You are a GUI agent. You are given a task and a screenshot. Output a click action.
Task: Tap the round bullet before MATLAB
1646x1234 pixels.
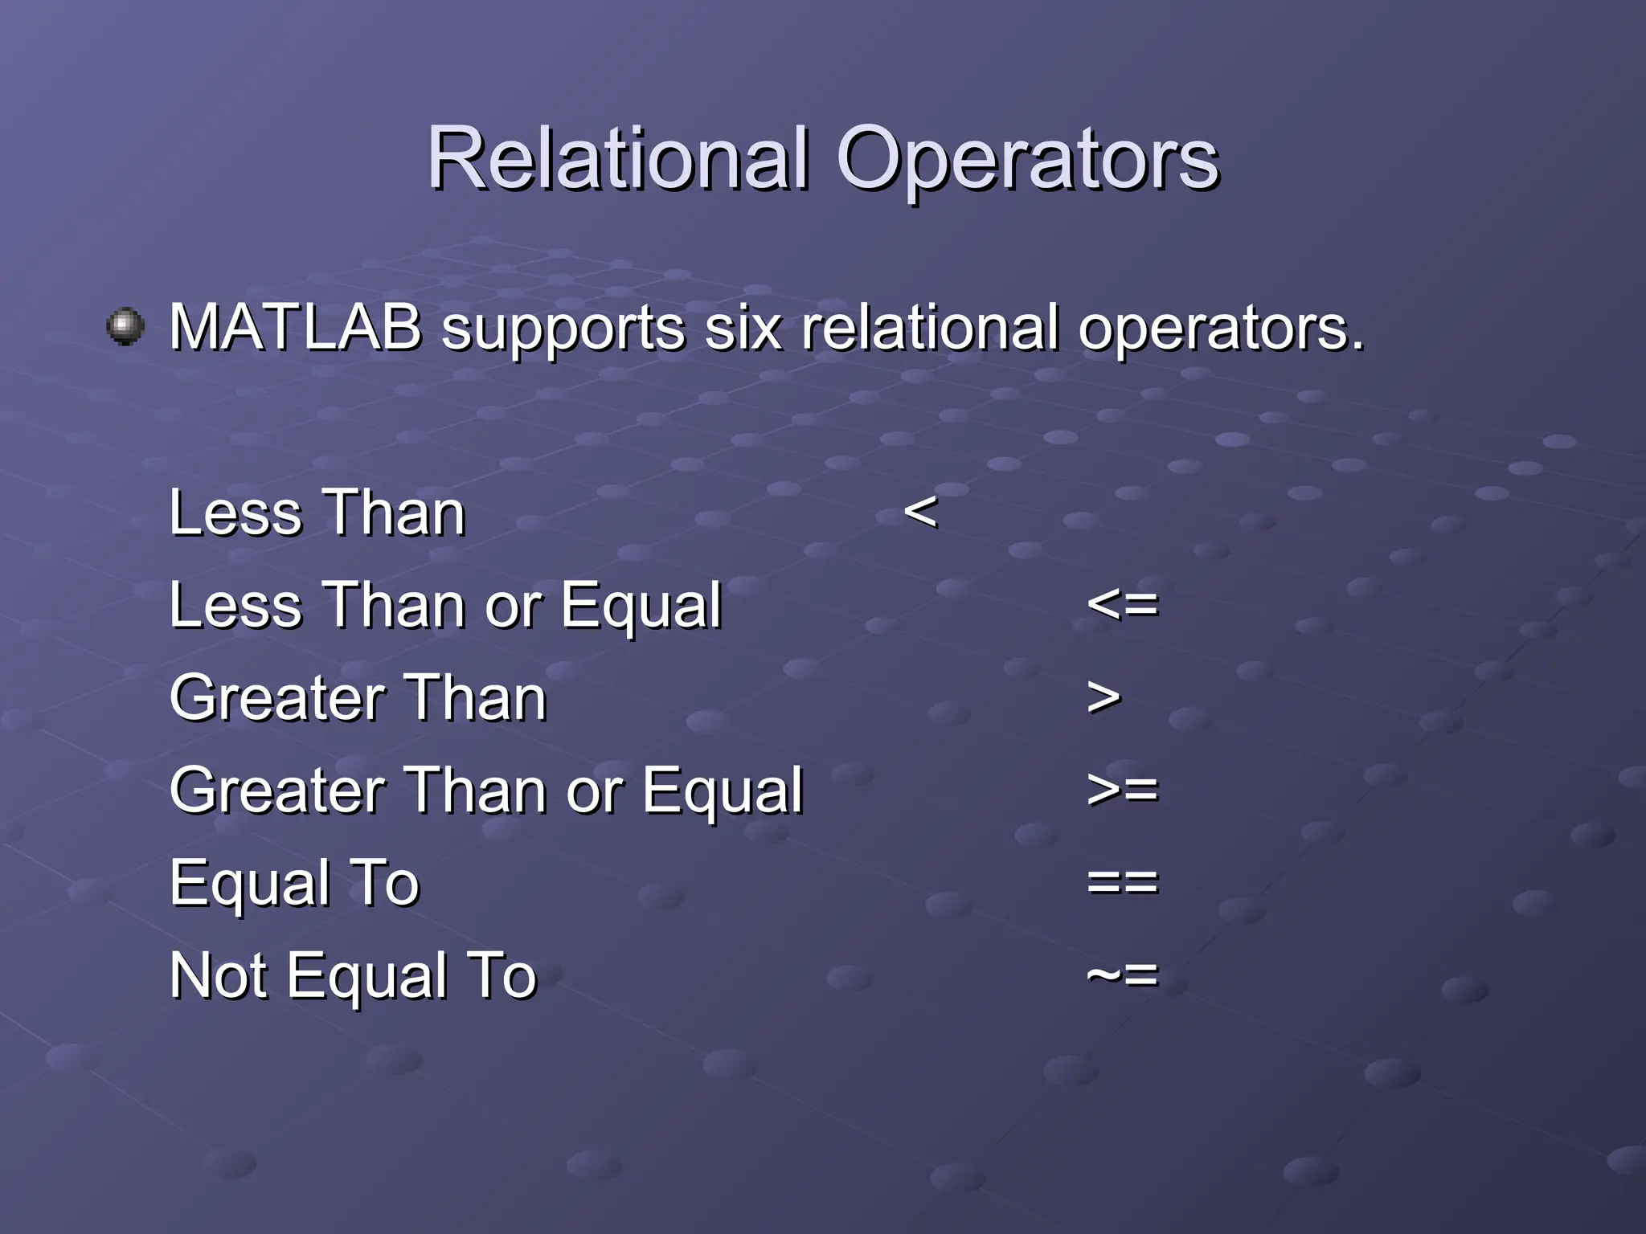coord(125,326)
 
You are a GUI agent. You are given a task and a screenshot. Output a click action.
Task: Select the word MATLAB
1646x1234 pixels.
coord(296,328)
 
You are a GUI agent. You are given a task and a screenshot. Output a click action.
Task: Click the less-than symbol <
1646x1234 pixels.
coord(920,511)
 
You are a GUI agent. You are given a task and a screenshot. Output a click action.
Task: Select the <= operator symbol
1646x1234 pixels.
coord(1122,604)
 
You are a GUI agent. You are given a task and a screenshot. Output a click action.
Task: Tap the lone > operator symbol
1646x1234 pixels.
coord(1103,697)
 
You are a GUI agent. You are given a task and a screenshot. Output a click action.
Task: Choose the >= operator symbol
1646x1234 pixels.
coord(1122,790)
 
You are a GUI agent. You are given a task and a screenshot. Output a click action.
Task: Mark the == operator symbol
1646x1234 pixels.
coord(1122,882)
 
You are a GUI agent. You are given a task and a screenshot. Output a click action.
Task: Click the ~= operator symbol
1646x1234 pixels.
coord(1122,975)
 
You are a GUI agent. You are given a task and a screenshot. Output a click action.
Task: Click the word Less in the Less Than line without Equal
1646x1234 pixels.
coord(235,513)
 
